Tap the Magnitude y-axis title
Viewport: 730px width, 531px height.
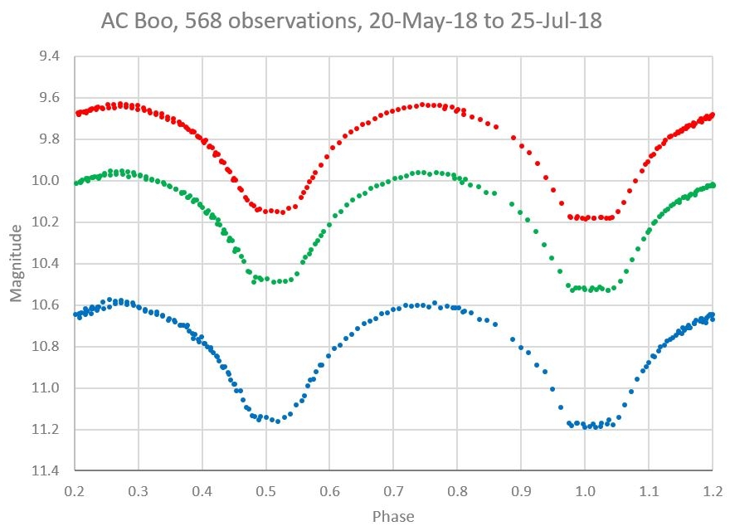click(x=17, y=264)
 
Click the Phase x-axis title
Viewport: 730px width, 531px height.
click(x=394, y=516)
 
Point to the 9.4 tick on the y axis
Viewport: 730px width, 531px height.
click(x=49, y=56)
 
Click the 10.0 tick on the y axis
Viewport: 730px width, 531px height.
click(x=46, y=181)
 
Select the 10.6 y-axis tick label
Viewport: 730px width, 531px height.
click(x=46, y=305)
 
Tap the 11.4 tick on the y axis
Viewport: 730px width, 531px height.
click(x=46, y=471)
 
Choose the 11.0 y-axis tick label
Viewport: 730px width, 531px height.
click(x=46, y=388)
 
